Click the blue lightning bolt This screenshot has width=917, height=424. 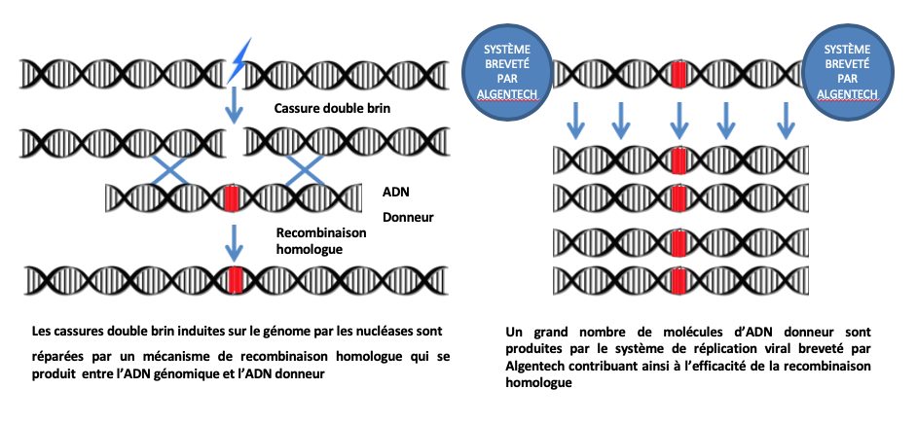[x=238, y=60]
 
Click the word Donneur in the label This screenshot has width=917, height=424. [x=408, y=218]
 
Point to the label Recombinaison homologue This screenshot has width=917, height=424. [x=321, y=240]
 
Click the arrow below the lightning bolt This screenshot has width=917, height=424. [x=234, y=104]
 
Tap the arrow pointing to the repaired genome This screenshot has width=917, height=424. [x=234, y=242]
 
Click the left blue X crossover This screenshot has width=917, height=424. [x=170, y=170]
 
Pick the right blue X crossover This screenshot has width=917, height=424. [x=304, y=170]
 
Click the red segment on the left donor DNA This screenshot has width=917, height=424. [x=233, y=198]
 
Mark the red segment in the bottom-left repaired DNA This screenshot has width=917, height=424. [x=237, y=280]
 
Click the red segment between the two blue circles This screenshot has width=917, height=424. [x=679, y=74]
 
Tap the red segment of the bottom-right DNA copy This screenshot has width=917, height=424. [x=679, y=281]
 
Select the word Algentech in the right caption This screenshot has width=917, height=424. [x=532, y=366]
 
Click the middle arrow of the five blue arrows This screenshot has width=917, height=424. [x=679, y=121]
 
